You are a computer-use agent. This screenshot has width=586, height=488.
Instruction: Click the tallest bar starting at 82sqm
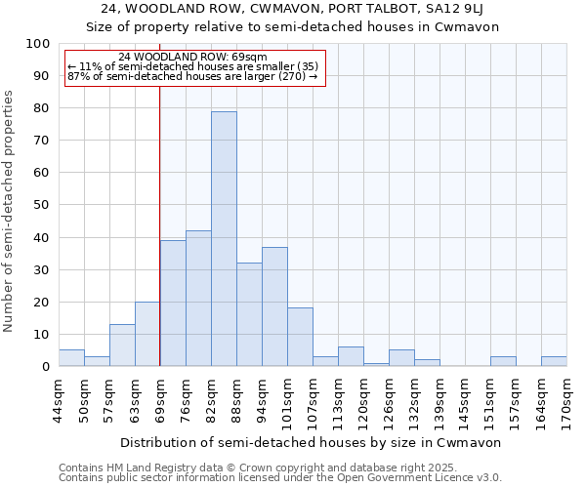click(224, 239)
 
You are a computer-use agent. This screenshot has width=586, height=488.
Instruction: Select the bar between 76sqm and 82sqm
click(198, 299)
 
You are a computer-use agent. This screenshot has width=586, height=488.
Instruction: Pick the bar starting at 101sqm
click(300, 338)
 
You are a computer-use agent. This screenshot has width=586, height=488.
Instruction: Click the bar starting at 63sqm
click(147, 334)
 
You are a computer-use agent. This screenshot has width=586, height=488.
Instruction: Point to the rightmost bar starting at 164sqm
click(554, 361)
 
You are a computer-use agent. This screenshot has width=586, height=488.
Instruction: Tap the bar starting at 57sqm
click(122, 346)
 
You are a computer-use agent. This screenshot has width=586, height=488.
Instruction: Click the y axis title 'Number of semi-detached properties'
click(10, 211)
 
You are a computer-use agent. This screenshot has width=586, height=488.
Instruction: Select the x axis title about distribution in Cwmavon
click(313, 442)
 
